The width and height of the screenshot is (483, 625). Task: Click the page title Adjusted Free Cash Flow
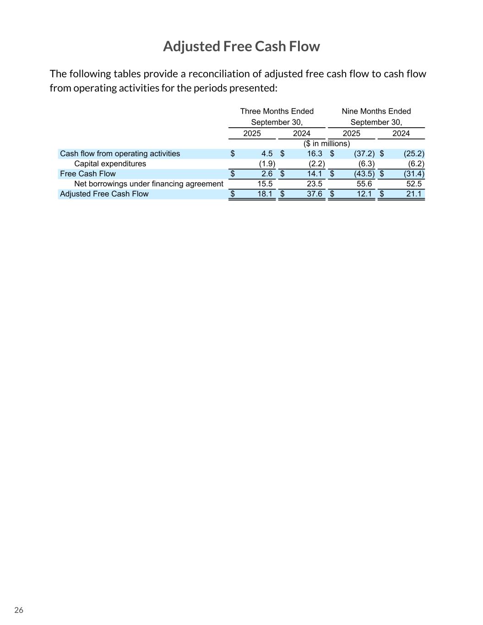tap(241, 46)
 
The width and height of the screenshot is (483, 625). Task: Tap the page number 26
tap(19, 610)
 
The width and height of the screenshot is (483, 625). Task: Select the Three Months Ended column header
tap(277, 111)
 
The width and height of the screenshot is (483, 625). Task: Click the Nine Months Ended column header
tap(376, 111)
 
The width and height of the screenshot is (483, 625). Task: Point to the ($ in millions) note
tap(326, 144)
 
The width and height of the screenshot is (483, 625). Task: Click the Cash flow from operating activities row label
tap(120, 154)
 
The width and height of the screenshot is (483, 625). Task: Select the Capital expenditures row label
tap(110, 164)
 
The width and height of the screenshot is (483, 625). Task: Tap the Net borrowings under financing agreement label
tap(148, 184)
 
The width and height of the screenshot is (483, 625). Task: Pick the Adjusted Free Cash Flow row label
tap(104, 194)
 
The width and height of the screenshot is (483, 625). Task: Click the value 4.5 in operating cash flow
tap(267, 154)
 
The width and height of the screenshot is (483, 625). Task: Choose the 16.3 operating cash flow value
tap(315, 154)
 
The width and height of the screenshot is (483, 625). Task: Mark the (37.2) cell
tap(364, 154)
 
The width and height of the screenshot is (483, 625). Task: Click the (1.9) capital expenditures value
tap(267, 164)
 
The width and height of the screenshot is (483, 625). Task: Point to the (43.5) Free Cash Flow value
tap(364, 174)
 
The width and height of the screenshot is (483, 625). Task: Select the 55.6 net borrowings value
tap(364, 184)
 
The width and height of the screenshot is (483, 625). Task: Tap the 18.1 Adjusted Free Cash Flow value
tap(265, 194)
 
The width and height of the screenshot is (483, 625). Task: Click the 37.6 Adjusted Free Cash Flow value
tap(315, 194)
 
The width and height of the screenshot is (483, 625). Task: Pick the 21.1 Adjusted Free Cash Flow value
tap(414, 194)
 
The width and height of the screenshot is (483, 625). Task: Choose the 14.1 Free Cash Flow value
tap(315, 174)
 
